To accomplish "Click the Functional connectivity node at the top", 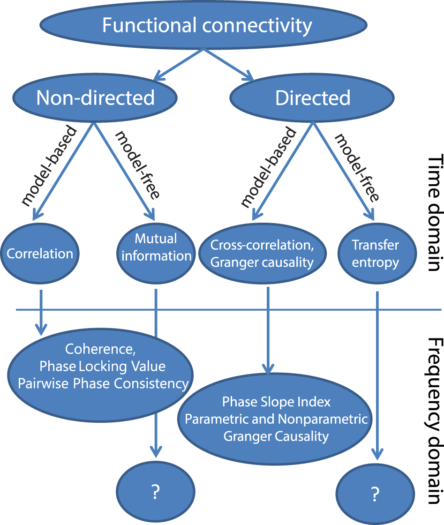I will [x=207, y=25].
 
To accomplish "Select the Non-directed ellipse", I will [x=96, y=97].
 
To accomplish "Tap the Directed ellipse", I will [x=312, y=97].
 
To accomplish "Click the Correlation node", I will [x=40, y=254].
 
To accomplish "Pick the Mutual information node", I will [x=156, y=247].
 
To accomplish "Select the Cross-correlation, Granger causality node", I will [x=262, y=254].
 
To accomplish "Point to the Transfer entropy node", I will [x=375, y=254].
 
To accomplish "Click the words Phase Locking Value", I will [x=103, y=366].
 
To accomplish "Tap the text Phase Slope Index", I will [x=276, y=402].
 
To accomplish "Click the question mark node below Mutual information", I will [x=156, y=492].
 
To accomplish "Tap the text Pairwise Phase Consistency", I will [x=103, y=383].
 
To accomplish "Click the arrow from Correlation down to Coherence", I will [x=41, y=312].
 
